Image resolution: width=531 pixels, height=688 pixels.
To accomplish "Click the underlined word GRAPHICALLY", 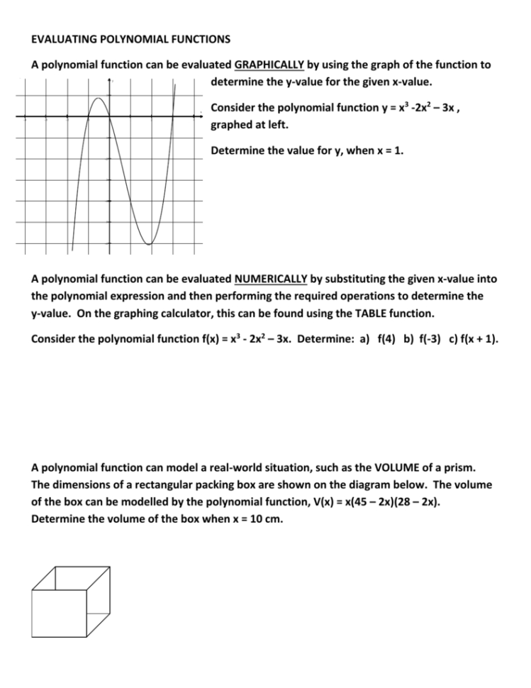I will [x=269, y=65].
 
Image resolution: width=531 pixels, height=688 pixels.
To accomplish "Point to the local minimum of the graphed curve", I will [x=149, y=244].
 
